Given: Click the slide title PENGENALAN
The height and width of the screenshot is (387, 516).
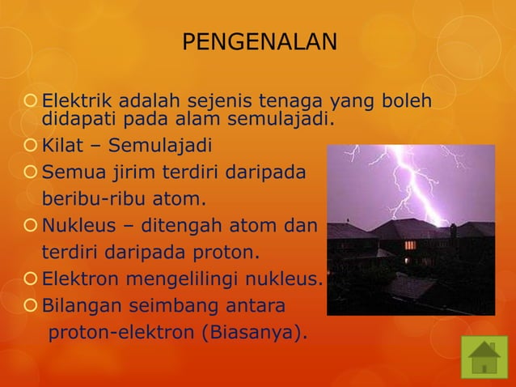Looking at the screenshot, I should tap(259, 41).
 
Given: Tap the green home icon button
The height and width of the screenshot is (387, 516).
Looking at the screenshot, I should tap(484, 357).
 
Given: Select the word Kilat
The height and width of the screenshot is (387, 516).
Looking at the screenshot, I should tap(62, 147).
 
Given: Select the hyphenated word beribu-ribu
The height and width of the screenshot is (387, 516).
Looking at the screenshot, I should tap(95, 199).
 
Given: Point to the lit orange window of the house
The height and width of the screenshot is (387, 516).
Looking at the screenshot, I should tap(410, 245).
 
